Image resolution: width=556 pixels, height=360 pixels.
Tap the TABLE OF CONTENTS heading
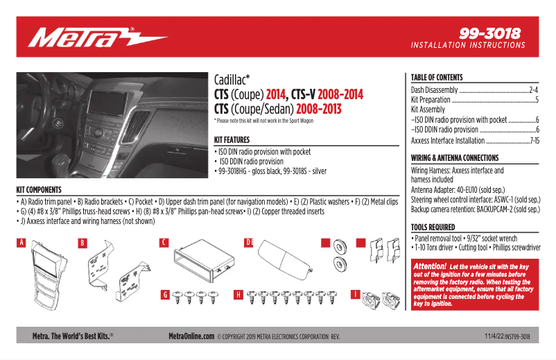[437, 78]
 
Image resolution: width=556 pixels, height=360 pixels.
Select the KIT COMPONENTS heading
[39, 189]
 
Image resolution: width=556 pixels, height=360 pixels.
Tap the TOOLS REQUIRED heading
[433, 227]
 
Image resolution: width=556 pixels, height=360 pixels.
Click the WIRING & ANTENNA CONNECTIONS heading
[455, 158]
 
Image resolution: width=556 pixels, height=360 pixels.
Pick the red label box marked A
[21, 243]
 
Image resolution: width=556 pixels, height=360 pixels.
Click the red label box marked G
[165, 295]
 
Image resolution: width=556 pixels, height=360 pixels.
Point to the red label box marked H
[238, 295]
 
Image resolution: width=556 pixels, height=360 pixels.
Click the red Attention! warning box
[474, 284]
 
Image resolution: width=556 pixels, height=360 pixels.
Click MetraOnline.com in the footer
[191, 336]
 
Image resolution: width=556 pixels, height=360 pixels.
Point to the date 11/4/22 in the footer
[494, 336]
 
